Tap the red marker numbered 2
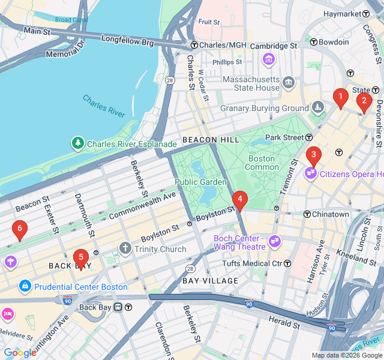point(363,103)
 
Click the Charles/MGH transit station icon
point(194,46)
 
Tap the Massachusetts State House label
point(251,83)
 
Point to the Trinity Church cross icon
point(125,248)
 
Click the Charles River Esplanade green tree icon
point(77,143)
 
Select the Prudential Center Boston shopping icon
point(25,286)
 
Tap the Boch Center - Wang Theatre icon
point(275,241)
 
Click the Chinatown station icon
point(307,214)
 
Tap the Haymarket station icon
point(365,14)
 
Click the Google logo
point(20,353)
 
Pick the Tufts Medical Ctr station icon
point(287,263)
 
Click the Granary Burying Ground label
point(264,109)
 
